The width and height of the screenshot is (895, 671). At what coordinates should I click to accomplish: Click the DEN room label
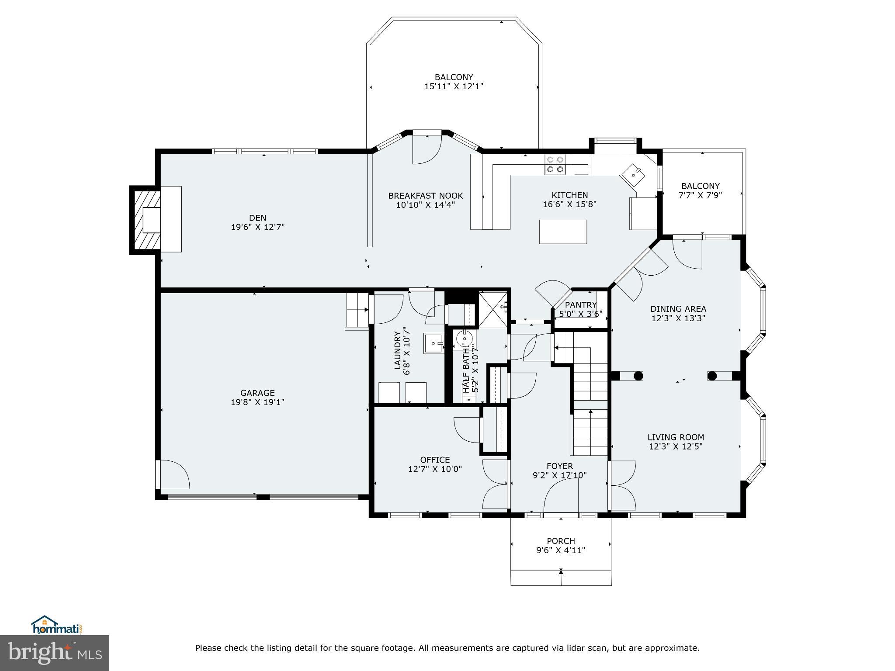click(257, 218)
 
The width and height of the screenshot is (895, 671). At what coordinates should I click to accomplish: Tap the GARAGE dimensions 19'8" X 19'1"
click(257, 402)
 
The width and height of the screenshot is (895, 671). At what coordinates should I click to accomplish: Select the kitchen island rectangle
click(563, 232)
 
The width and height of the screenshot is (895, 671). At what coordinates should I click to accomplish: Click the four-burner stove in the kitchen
click(555, 165)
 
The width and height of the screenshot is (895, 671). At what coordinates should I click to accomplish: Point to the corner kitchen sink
click(633, 174)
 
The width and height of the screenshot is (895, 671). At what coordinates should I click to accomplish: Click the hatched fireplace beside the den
click(145, 220)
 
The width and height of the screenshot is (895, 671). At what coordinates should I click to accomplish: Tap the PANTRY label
click(581, 305)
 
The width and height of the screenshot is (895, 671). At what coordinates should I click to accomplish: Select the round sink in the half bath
click(463, 338)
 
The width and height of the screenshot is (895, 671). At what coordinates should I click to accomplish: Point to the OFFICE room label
click(435, 460)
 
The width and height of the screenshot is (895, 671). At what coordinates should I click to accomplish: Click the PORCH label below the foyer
click(561, 541)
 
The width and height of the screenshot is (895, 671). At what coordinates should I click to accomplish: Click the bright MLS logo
click(54, 653)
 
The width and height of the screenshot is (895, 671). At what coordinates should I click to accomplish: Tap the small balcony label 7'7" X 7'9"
click(700, 195)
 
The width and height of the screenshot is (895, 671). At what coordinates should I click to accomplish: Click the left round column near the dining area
click(638, 375)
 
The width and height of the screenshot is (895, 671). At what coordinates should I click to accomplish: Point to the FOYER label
click(559, 466)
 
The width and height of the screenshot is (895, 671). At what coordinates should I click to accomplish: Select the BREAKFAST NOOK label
click(425, 196)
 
